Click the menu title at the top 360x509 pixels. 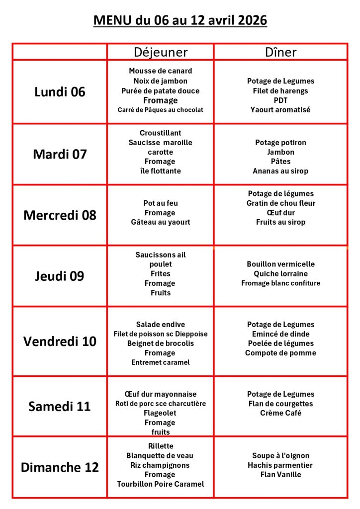click(x=180, y=21)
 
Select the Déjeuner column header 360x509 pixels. click(x=161, y=52)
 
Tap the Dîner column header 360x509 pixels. click(x=280, y=52)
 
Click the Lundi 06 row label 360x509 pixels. click(x=60, y=92)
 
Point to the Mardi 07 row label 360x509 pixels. click(x=60, y=154)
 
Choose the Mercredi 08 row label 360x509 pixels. click(x=60, y=215)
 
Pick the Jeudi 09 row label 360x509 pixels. click(x=60, y=276)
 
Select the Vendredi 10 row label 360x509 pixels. click(x=60, y=341)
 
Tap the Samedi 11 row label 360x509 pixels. click(x=60, y=406)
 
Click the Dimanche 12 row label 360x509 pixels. click(x=60, y=467)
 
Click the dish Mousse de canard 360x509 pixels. click(x=160, y=71)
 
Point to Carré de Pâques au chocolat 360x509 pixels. click(x=160, y=110)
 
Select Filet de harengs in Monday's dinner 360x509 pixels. click(x=280, y=90)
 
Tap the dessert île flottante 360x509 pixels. click(x=160, y=171)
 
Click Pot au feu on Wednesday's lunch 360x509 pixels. click(x=160, y=203)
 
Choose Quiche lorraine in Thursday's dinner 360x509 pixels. click(x=280, y=273)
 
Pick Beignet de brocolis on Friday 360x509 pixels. click(x=160, y=343)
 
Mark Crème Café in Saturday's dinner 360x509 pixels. click(x=280, y=413)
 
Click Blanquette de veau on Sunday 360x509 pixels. click(x=160, y=455)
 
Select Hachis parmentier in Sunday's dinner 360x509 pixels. click(x=280, y=465)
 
